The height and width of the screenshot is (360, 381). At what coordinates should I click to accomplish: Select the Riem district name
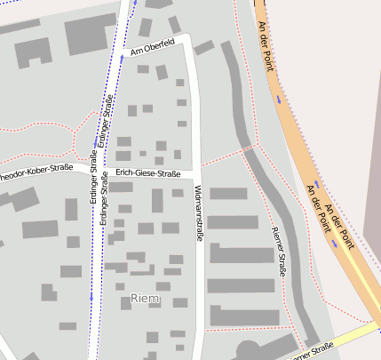click(145, 298)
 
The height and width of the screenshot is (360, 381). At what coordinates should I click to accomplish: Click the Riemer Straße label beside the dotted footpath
click(276, 251)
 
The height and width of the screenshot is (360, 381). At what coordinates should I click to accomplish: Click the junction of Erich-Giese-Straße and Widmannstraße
click(198, 169)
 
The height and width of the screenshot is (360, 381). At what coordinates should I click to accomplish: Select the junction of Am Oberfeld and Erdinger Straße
click(119, 56)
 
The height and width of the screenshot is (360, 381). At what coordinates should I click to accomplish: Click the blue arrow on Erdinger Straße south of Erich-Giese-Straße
click(91, 297)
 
